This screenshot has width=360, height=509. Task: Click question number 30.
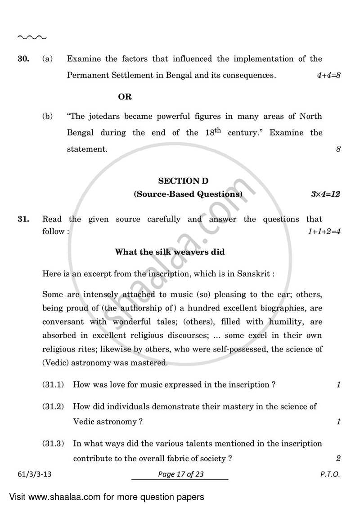pos(23,59)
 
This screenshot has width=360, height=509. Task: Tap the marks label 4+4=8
pos(328,76)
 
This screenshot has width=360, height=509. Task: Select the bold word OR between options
pos(125,97)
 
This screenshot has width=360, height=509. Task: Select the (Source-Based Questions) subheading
pos(188,194)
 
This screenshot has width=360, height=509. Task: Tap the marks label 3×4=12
pos(325,194)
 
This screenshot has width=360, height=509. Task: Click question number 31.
pos(23,219)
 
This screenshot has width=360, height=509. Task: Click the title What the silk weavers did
pos(170,252)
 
